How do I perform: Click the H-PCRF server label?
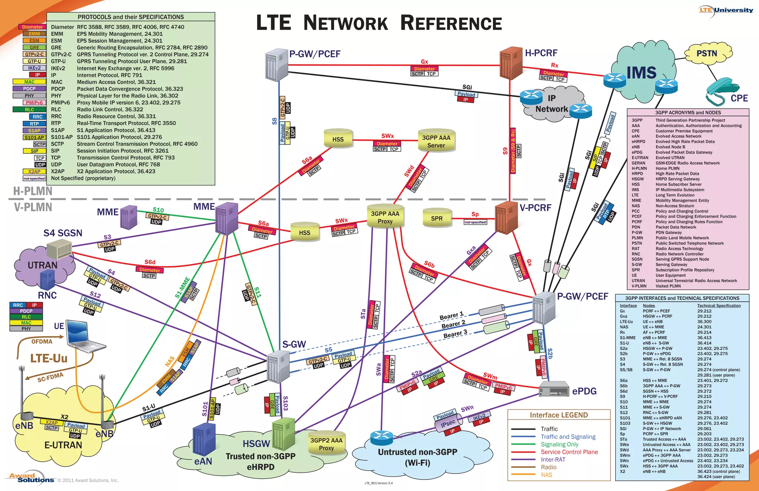pyautogui.click(x=541, y=53)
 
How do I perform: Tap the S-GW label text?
pyautogui.click(x=294, y=344)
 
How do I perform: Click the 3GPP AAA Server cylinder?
pyautogui.click(x=436, y=141)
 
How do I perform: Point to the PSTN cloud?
pyautogui.click(x=707, y=54)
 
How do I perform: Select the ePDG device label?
pyautogui.click(x=584, y=391)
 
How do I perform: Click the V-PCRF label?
pyautogui.click(x=535, y=208)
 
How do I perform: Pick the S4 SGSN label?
pyautogui.click(x=63, y=233)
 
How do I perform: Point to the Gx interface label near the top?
pyautogui.click(x=424, y=62)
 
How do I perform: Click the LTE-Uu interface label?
pyautogui.click(x=49, y=358)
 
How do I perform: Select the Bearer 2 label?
pyautogui.click(x=453, y=325)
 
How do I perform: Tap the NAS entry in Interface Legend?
pyautogui.click(x=546, y=475)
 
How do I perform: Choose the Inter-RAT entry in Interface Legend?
pyautogui.click(x=553, y=460)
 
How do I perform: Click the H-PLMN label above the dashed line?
pyautogui.click(x=33, y=191)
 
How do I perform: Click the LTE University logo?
pyautogui.click(x=726, y=10)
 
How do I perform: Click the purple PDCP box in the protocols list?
pyautogui.click(x=29, y=89)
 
